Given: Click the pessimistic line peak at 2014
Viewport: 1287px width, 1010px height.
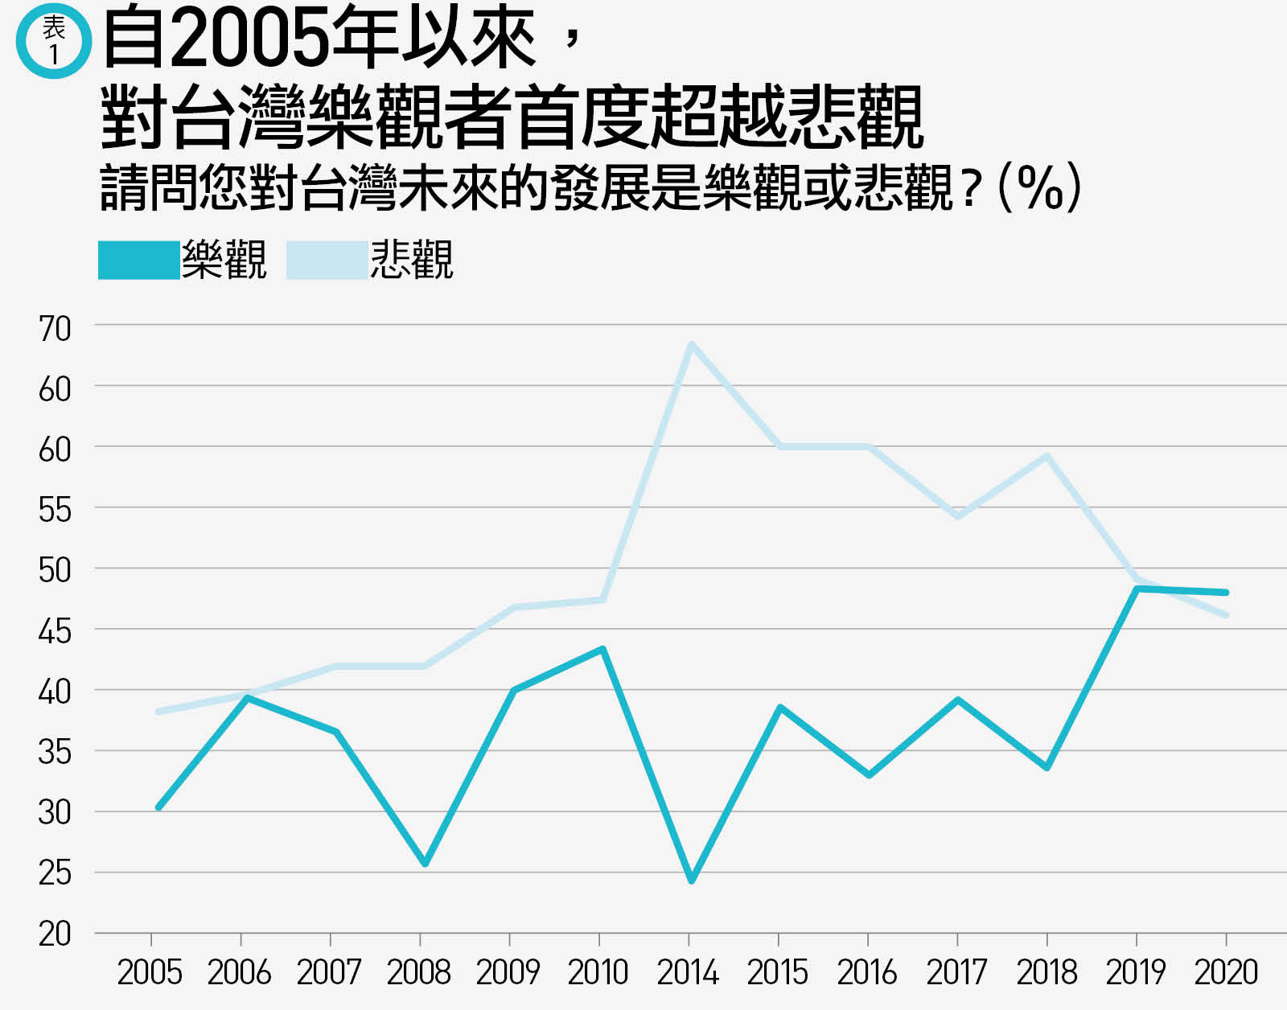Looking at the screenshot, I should (691, 344).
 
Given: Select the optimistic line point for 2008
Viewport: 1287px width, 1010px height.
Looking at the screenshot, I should (425, 864).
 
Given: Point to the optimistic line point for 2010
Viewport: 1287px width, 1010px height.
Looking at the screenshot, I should (602, 648).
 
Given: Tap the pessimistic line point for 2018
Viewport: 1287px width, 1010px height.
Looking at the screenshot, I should (1046, 455).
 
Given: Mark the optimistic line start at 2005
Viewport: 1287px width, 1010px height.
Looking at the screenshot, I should (158, 807).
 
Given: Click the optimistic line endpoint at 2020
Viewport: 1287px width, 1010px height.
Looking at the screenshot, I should (1225, 593).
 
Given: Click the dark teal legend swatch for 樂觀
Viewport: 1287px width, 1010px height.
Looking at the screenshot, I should (138, 260).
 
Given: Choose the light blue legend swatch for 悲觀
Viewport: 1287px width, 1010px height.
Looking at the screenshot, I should (327, 260).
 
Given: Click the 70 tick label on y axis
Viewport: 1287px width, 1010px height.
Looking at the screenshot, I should (55, 329).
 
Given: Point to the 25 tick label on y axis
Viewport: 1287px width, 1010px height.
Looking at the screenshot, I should (55, 873).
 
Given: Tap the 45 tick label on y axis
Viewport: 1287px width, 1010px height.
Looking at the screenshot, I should (55, 632).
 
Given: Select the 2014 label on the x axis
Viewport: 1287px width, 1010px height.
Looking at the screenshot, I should (688, 973).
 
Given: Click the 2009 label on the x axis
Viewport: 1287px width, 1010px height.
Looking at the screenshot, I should (508, 973).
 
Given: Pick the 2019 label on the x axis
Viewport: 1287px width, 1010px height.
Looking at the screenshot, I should (1136, 973).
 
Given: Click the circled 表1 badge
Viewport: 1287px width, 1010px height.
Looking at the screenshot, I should (54, 40).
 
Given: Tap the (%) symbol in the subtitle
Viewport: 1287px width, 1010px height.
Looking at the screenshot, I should (1039, 187).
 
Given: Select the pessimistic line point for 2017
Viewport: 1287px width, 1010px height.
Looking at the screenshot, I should (958, 515).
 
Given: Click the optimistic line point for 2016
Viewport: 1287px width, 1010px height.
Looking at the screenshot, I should (869, 775).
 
